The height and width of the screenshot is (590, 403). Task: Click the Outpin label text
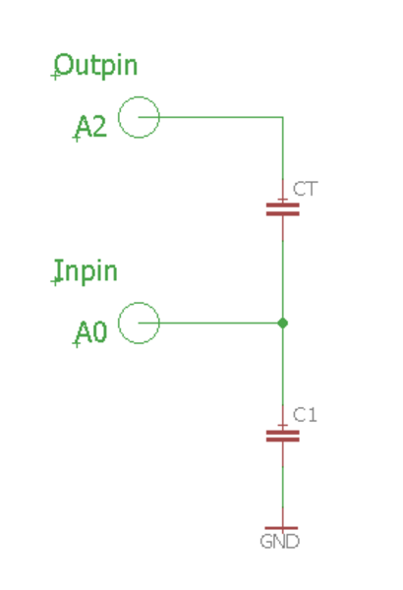(96, 66)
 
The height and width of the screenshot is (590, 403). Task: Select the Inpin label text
(86, 271)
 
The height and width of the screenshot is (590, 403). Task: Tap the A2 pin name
(91, 127)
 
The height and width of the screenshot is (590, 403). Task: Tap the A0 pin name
(91, 332)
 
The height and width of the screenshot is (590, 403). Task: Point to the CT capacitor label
(305, 189)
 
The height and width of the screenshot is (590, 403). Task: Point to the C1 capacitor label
(305, 415)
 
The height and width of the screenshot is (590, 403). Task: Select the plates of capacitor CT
(282, 209)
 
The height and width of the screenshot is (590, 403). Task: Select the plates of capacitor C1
(282, 436)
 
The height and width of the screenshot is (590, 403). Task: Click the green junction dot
(282, 323)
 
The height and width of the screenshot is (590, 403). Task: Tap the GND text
(279, 542)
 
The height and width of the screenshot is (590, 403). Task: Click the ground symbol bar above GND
(281, 528)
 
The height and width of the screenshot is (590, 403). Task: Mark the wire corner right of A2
(282, 117)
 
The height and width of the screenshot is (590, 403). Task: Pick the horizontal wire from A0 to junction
(210, 323)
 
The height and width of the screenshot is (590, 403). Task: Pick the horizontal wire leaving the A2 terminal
(210, 117)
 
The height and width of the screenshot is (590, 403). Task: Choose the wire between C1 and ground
(282, 488)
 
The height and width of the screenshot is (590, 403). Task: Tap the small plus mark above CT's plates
(282, 199)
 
